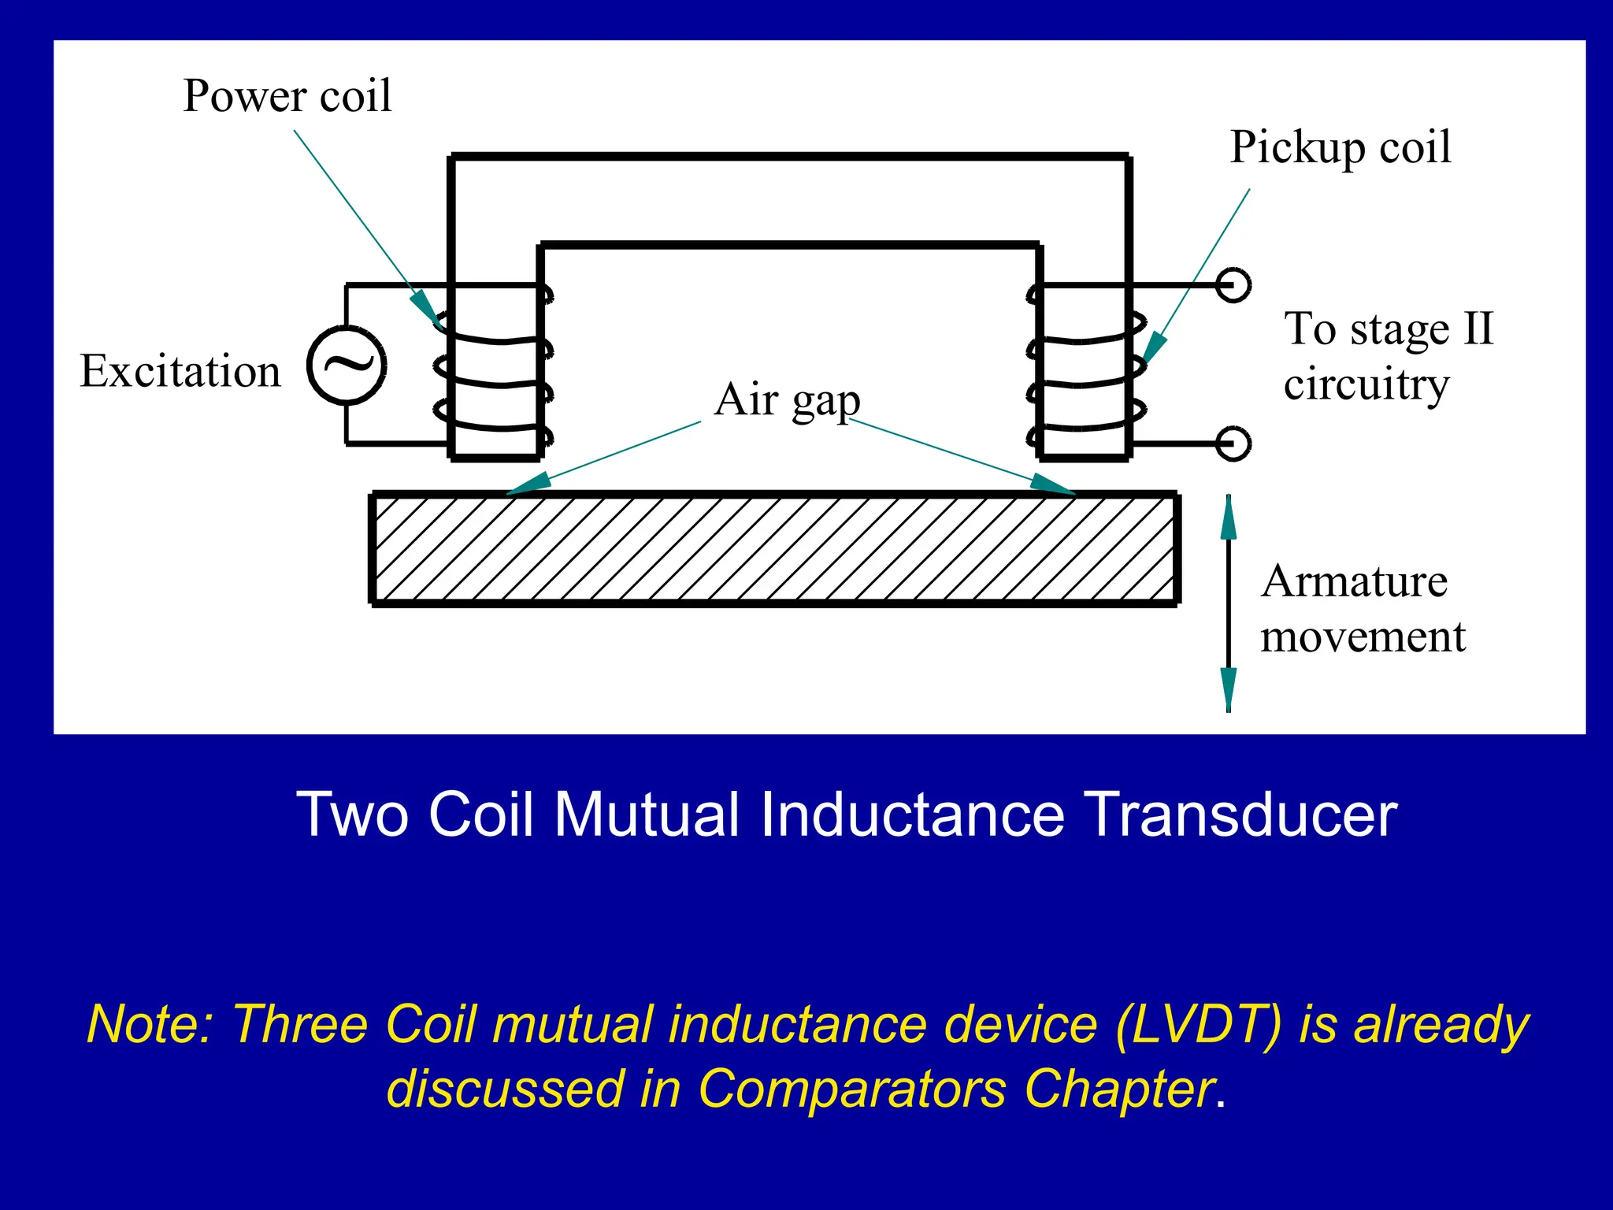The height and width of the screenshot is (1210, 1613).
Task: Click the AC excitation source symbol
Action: pyautogui.click(x=347, y=365)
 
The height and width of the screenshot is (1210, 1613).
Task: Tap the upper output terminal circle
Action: pyautogui.click(x=1233, y=284)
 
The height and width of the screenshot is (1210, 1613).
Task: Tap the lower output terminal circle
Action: pyautogui.click(x=1233, y=444)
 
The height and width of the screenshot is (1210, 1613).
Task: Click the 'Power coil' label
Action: pyautogui.click(x=287, y=96)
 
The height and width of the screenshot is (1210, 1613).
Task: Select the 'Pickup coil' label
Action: pyautogui.click(x=1340, y=147)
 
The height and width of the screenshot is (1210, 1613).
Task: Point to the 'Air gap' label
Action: pyautogui.click(x=787, y=400)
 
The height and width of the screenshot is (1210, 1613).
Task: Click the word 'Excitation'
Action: pyautogui.click(x=180, y=371)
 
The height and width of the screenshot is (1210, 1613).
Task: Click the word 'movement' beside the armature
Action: pyautogui.click(x=1363, y=637)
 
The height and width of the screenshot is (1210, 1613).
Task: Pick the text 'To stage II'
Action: pyautogui.click(x=1388, y=328)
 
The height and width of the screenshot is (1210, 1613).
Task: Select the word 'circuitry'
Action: pyautogui.click(x=1366, y=384)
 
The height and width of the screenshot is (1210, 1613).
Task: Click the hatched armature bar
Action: pyautogui.click(x=774, y=548)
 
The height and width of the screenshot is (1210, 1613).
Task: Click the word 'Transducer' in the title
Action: pyautogui.click(x=1240, y=815)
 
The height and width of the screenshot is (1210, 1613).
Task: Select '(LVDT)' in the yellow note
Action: pyautogui.click(x=1199, y=1025)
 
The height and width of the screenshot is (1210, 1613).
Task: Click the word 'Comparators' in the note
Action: pyautogui.click(x=851, y=1089)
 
